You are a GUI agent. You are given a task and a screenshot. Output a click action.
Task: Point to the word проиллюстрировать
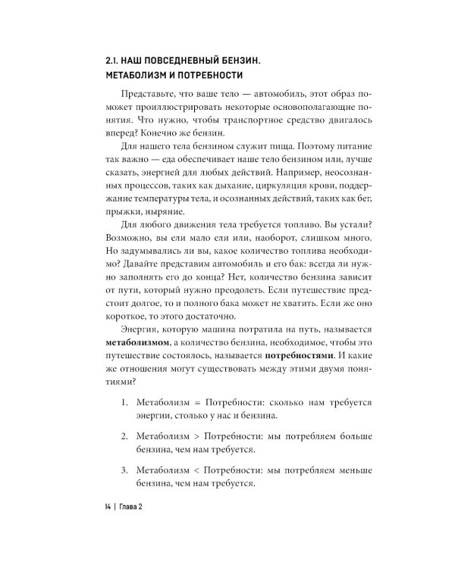[x=166, y=114]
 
